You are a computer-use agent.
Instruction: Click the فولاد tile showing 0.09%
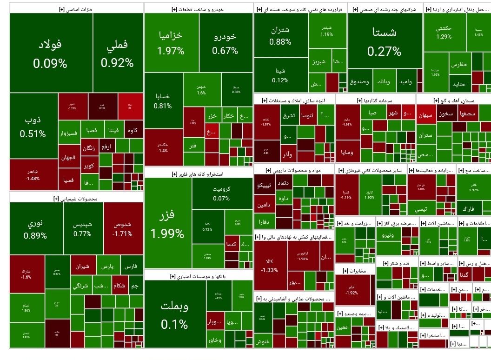tap(50, 53)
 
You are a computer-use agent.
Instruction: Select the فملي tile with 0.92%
tap(117, 53)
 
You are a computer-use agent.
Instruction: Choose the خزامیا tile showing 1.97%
tap(171, 42)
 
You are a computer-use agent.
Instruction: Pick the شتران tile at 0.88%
tap(280, 35)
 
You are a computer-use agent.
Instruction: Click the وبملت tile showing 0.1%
tap(174, 314)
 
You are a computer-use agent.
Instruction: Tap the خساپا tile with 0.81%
tap(162, 100)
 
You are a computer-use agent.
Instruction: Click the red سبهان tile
tap(426, 113)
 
